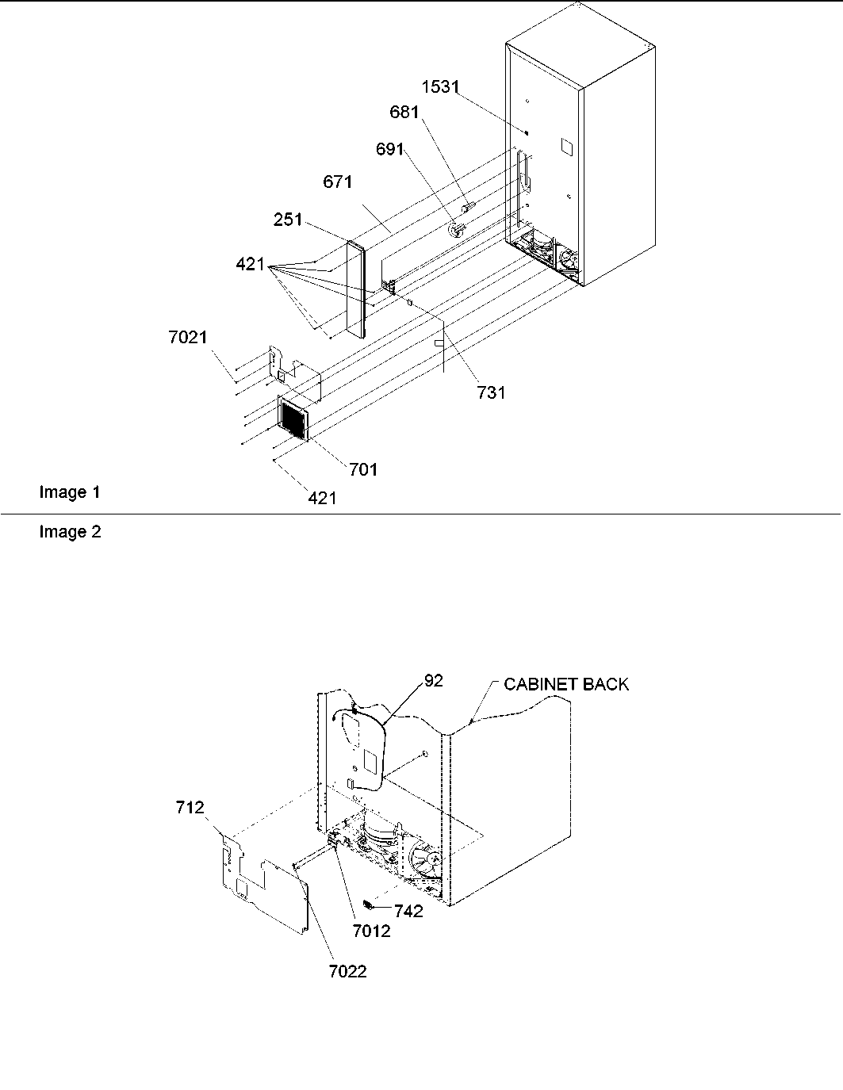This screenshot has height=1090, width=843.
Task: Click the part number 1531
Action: [x=440, y=86]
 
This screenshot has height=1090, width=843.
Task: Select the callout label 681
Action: [x=404, y=113]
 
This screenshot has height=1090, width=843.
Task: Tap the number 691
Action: [x=389, y=149]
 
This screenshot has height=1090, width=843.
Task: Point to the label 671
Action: [x=337, y=182]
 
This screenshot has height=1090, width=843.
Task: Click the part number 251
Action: [x=288, y=219]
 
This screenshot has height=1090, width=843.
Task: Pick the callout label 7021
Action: [x=188, y=338]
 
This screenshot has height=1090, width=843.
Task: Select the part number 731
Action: [x=491, y=392]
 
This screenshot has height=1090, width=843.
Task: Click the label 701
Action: [x=363, y=469]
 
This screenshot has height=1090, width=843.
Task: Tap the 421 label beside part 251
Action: [x=250, y=265]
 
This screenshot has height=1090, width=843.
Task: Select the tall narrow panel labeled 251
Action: [x=358, y=289]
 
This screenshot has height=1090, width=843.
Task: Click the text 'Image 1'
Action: [x=70, y=492]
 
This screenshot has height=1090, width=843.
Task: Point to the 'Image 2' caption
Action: [x=70, y=532]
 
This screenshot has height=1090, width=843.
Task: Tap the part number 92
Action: [x=434, y=680]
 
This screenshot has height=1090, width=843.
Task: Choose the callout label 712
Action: [x=190, y=808]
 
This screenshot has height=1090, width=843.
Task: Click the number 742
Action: [x=408, y=911]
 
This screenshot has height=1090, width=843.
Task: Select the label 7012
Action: [x=371, y=931]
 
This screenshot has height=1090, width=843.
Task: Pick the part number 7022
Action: [x=348, y=971]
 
